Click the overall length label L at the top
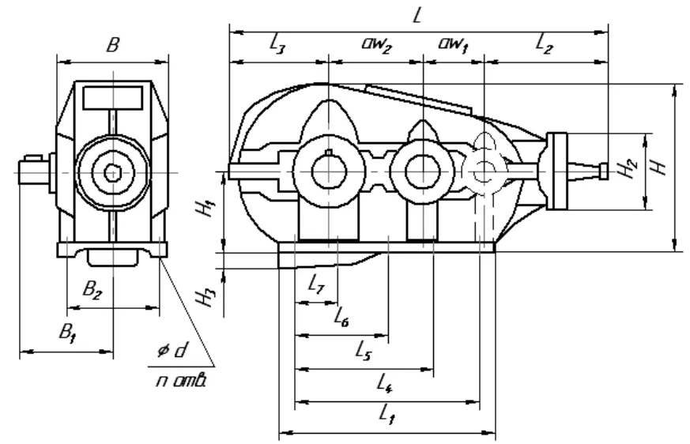[417, 16]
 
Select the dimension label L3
[277, 44]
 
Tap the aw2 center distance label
[377, 44]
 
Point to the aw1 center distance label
[453, 44]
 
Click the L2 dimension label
[545, 44]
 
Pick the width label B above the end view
[113, 44]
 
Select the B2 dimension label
[92, 290]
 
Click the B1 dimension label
[68, 333]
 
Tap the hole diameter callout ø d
[172, 351]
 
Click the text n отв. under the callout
[181, 380]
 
